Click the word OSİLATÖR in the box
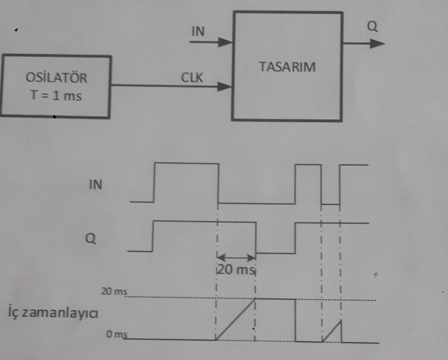click(x=56, y=78)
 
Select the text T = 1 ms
click(x=56, y=96)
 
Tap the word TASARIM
click(x=287, y=67)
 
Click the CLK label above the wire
click(x=192, y=78)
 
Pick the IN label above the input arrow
click(x=198, y=31)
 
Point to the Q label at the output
click(x=372, y=26)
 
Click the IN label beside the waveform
click(x=95, y=185)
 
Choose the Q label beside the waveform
click(x=91, y=238)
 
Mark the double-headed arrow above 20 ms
click(x=236, y=257)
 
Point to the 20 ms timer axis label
click(x=114, y=292)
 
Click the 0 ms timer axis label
click(x=117, y=334)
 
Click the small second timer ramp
click(x=333, y=331)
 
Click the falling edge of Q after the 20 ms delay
click(x=256, y=237)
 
